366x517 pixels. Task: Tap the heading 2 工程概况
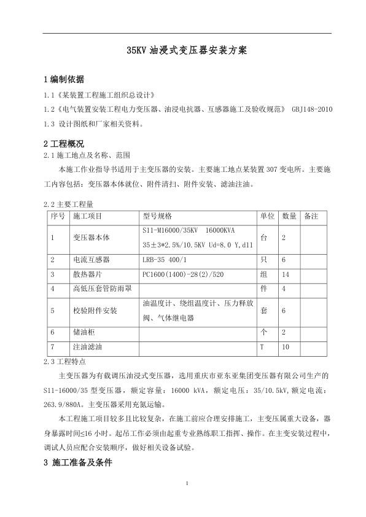point(64,144)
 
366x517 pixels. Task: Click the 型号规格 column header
point(157,217)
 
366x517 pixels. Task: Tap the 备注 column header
point(311,217)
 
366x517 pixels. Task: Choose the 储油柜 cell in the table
point(84,332)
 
